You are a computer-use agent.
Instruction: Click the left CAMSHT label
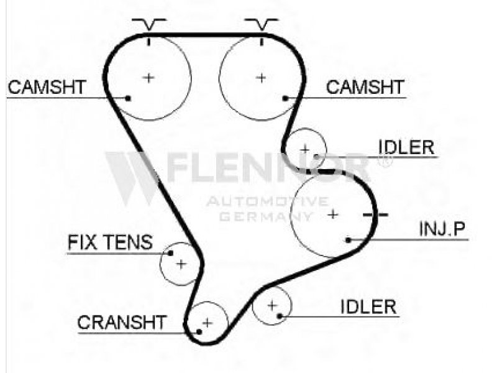click(47, 88)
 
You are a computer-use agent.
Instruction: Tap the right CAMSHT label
click(365, 88)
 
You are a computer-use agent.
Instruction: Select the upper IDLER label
click(406, 147)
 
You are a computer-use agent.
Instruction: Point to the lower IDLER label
click(368, 306)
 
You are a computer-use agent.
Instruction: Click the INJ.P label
click(441, 230)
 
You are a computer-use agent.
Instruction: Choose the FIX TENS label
click(109, 242)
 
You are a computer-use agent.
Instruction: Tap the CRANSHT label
click(122, 323)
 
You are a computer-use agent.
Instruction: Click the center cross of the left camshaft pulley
click(148, 77)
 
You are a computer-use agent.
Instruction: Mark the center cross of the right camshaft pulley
click(262, 77)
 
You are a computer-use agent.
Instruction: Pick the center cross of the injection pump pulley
click(333, 214)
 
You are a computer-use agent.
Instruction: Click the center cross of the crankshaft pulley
click(207, 323)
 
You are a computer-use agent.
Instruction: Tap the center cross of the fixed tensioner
click(181, 264)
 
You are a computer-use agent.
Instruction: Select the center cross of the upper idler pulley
click(305, 149)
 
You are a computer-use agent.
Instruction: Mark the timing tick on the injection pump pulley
click(375, 215)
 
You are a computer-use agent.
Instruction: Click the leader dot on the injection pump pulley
click(349, 239)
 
